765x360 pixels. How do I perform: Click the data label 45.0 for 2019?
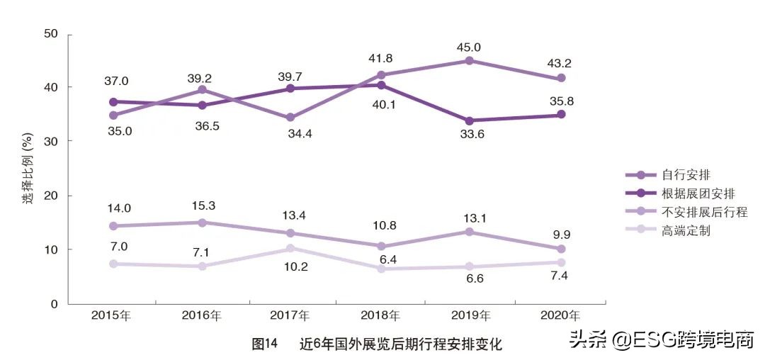(x=468, y=47)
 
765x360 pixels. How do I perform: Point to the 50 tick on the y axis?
(x=51, y=34)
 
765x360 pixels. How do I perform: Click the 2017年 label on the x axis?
(x=290, y=315)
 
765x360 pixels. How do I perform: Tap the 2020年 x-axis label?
(x=560, y=315)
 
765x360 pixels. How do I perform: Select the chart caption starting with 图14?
(x=377, y=344)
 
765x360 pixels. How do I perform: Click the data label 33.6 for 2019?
(x=468, y=136)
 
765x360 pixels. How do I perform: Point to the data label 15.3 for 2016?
(x=202, y=206)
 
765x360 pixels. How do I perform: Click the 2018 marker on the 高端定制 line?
(x=380, y=269)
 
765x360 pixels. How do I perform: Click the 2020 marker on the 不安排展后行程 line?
(x=560, y=249)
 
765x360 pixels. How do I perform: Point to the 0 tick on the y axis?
(x=55, y=304)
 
